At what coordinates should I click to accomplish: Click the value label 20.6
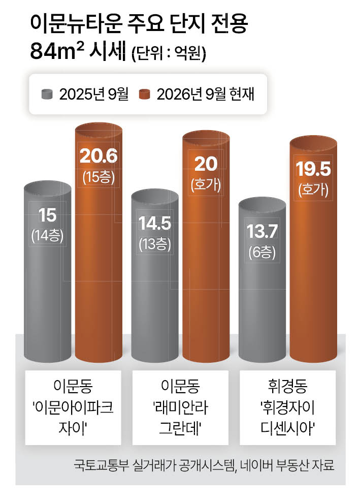tap(99, 156)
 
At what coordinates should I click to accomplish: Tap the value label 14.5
tap(155, 223)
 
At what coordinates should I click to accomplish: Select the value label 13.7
tap(262, 232)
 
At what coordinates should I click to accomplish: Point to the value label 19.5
tap(313, 169)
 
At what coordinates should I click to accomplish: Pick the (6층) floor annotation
tap(262, 252)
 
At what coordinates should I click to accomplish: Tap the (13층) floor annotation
tap(155, 244)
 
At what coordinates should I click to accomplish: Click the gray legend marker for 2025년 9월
tap(47, 94)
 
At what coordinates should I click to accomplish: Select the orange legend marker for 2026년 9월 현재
tap(145, 94)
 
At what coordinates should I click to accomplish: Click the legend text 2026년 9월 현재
tap(206, 94)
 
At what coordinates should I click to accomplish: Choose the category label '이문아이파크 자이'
tap(73, 407)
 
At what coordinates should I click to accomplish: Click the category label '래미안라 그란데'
tap(180, 407)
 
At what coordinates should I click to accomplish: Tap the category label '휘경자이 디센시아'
tap(287, 407)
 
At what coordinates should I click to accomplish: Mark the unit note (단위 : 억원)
tap(169, 53)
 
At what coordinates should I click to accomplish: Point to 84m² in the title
tap(57, 51)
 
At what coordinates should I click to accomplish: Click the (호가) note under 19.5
tap(313, 190)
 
